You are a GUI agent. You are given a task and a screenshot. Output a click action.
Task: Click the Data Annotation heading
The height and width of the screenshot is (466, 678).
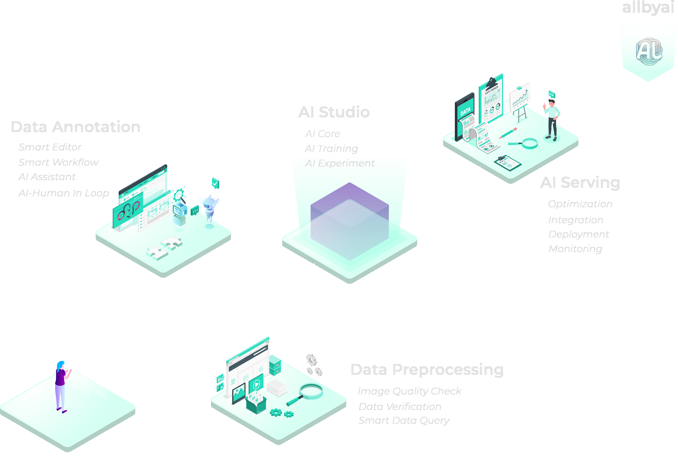tap(76, 127)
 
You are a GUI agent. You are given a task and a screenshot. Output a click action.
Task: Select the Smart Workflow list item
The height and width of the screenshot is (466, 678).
tap(58, 162)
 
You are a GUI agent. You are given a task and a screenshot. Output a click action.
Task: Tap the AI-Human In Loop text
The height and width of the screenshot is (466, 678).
tap(63, 193)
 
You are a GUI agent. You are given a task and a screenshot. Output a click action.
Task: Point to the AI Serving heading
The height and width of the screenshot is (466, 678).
tap(580, 183)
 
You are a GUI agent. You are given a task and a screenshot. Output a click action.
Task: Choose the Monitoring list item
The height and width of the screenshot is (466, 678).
tap(575, 249)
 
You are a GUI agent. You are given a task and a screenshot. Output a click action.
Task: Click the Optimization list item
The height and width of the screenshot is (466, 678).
tap(580, 204)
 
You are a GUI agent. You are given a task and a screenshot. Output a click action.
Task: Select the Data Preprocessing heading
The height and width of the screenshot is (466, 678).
tap(427, 370)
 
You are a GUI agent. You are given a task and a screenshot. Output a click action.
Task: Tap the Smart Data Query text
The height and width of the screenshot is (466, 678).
tap(404, 421)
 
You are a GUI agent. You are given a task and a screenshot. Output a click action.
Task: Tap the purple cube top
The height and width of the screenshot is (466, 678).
tap(350, 204)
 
